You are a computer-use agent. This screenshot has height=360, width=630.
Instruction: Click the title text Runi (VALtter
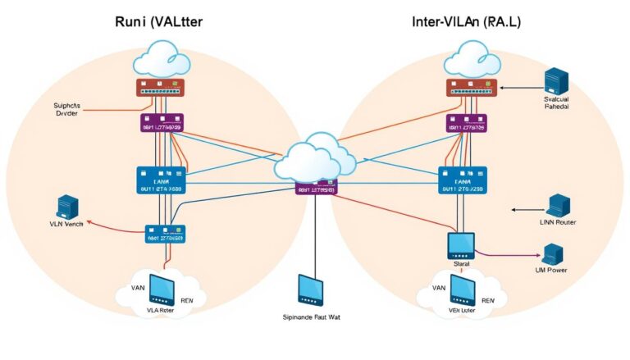(x=155, y=21)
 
